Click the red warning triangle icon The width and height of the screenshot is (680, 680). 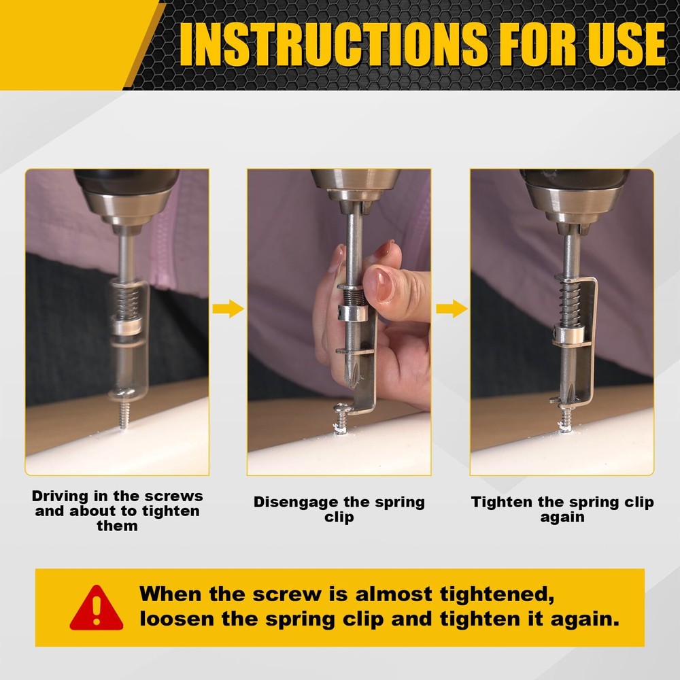pyautogui.click(x=97, y=607)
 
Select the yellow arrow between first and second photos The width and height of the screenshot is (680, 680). pyautogui.click(x=228, y=309)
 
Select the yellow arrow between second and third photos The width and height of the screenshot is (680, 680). pyautogui.click(x=451, y=309)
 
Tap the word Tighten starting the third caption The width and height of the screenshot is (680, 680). pyautogui.click(x=502, y=503)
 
